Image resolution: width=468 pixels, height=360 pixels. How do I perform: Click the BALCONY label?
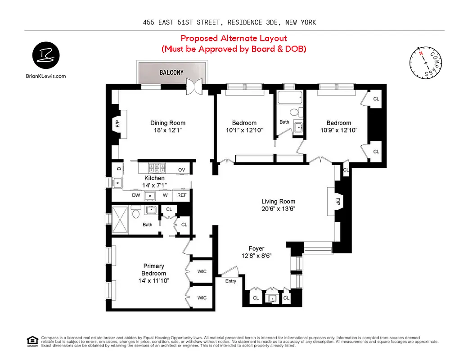pyautogui.click(x=172, y=72)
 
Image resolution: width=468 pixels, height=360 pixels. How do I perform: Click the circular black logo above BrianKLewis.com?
pyautogui.click(x=45, y=56)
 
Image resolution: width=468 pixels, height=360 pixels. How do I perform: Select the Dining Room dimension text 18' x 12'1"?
pyautogui.click(x=168, y=130)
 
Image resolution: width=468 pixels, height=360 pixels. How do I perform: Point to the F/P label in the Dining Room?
pyautogui.click(x=118, y=124)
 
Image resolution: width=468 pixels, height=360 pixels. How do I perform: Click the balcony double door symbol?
pyautogui.click(x=195, y=86)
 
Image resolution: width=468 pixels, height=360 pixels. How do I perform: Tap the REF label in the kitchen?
pyautogui.click(x=182, y=195)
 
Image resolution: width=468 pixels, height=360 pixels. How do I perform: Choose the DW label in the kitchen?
pyautogui.click(x=136, y=195)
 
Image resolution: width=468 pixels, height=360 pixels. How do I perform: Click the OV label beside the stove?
pyautogui.click(x=182, y=169)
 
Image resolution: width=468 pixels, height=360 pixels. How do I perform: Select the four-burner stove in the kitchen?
pyautogui.click(x=157, y=168)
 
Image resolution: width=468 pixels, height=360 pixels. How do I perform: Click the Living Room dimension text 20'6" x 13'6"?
pyautogui.click(x=279, y=209)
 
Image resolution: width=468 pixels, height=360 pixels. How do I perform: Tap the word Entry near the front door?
pyautogui.click(x=231, y=281)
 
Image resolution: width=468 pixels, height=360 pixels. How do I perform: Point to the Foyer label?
pyautogui.click(x=256, y=248)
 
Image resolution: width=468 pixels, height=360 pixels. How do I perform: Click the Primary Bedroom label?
pyautogui.click(x=154, y=270)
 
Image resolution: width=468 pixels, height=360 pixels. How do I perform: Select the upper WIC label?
pyautogui.click(x=202, y=271)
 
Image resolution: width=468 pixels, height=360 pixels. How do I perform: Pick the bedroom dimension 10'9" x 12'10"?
pyautogui.click(x=339, y=130)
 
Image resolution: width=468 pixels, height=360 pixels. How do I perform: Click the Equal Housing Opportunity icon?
pyautogui.click(x=32, y=341)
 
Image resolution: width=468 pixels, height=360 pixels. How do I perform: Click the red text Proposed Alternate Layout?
pyautogui.click(x=234, y=38)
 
